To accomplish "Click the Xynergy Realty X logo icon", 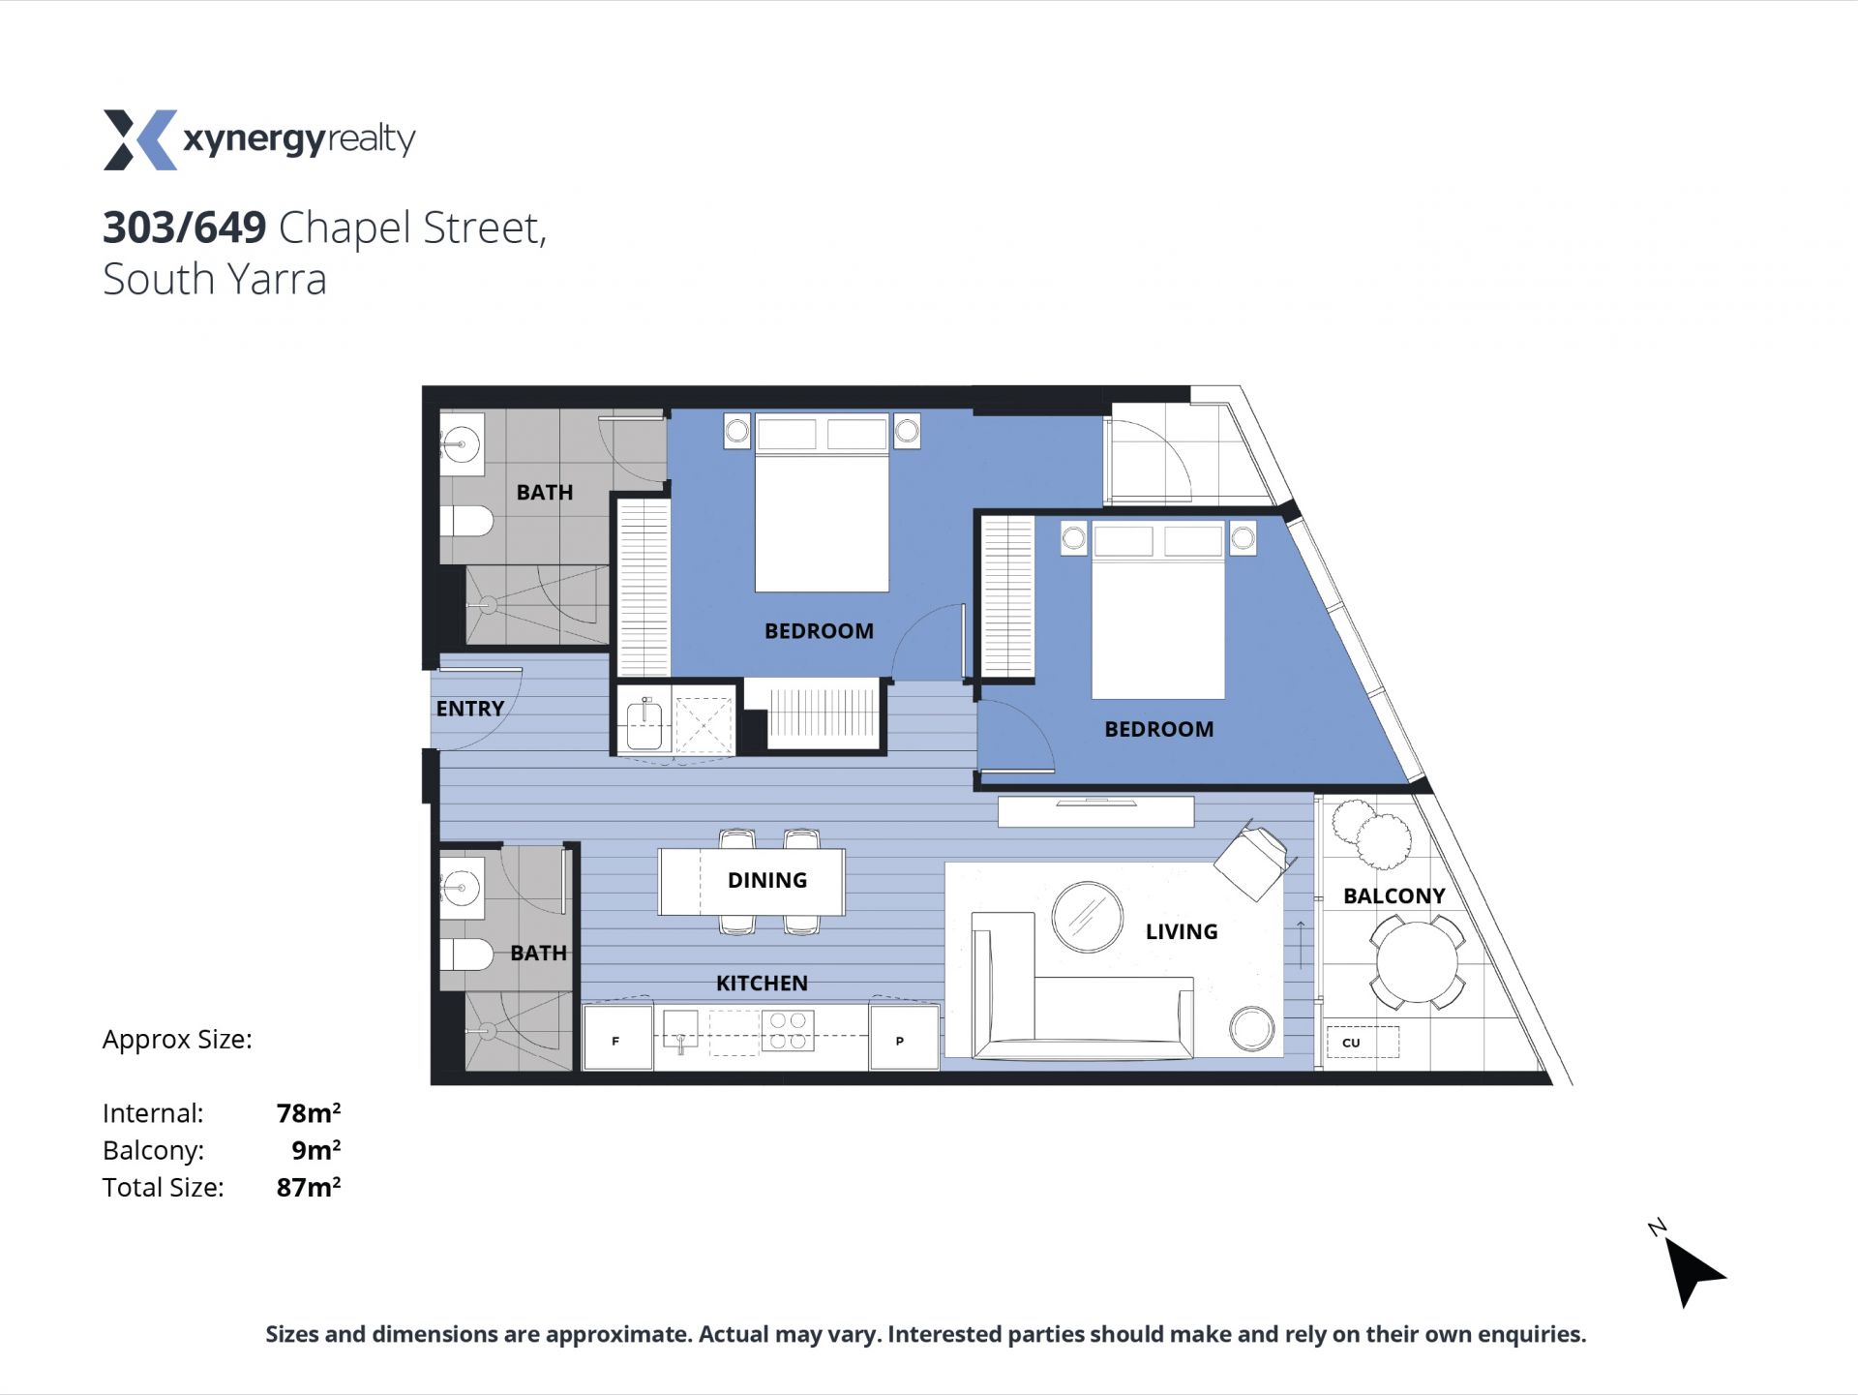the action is [140, 139].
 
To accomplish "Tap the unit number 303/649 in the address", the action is [185, 227].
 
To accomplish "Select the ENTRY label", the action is [469, 709].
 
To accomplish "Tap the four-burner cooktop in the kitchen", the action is [788, 1030].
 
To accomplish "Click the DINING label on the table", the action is [767, 880].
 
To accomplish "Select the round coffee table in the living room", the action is [1087, 917].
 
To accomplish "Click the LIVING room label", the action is [1182, 931].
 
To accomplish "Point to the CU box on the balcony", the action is [1362, 1042].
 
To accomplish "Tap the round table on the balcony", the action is [1417, 962].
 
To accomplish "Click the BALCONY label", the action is [1393, 895].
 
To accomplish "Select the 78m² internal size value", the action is [309, 1113].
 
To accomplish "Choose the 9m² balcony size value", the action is [316, 1150].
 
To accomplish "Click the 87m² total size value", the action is [309, 1187].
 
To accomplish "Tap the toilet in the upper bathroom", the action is [466, 521].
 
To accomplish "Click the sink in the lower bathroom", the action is [462, 887].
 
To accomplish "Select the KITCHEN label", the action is [762, 983].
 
